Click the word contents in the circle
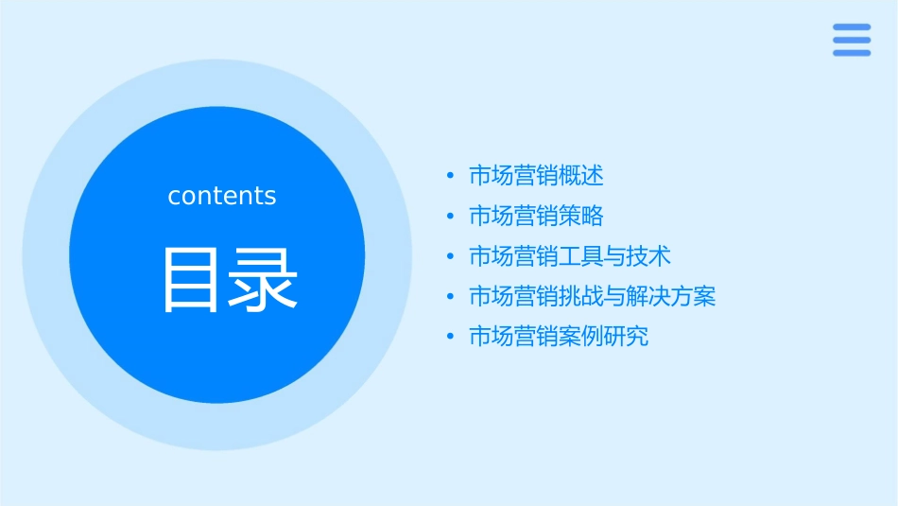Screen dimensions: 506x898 pyautogui.click(x=222, y=196)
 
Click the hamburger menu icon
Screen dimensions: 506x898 pyautogui.click(x=852, y=40)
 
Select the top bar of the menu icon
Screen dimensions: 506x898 pyautogui.click(x=852, y=27)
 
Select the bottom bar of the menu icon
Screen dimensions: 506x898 pyautogui.click(x=852, y=53)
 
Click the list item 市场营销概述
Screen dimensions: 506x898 pyautogui.click(x=536, y=176)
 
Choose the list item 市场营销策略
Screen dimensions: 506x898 pyautogui.click(x=536, y=216)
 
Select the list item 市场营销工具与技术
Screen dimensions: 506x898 pyautogui.click(x=570, y=256)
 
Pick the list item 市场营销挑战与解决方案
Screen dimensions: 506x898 pyautogui.click(x=593, y=297)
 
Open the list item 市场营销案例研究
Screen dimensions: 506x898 pyautogui.click(x=559, y=337)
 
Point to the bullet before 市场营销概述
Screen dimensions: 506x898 pyautogui.click(x=450, y=176)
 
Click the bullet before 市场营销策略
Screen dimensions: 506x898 pyautogui.click(x=450, y=217)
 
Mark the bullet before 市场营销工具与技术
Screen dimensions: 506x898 pyautogui.click(x=450, y=256)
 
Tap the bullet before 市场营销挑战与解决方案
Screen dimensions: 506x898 pyautogui.click(x=450, y=297)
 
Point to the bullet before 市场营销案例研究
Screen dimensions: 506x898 pyautogui.click(x=450, y=337)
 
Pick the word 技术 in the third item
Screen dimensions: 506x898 pyautogui.click(x=649, y=256)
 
